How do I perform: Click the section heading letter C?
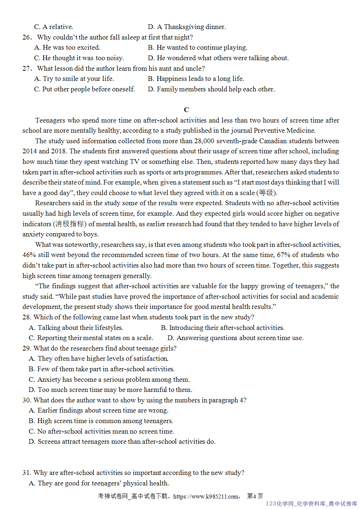coord(186,110)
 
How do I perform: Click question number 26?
coord(27,37)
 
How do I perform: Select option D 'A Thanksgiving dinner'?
coord(187,27)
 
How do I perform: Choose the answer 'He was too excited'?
coord(67,47)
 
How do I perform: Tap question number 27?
coord(27,69)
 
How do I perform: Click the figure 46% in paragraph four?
coord(29,255)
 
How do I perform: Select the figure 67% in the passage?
coord(284,255)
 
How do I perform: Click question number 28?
coord(26,317)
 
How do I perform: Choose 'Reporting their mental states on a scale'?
coord(91,338)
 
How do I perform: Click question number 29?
coord(26,348)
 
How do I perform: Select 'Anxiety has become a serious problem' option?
coord(109,380)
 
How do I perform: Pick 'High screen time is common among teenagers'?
coord(101,421)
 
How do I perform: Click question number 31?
coord(26,473)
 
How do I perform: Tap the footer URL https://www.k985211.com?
coord(206,496)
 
